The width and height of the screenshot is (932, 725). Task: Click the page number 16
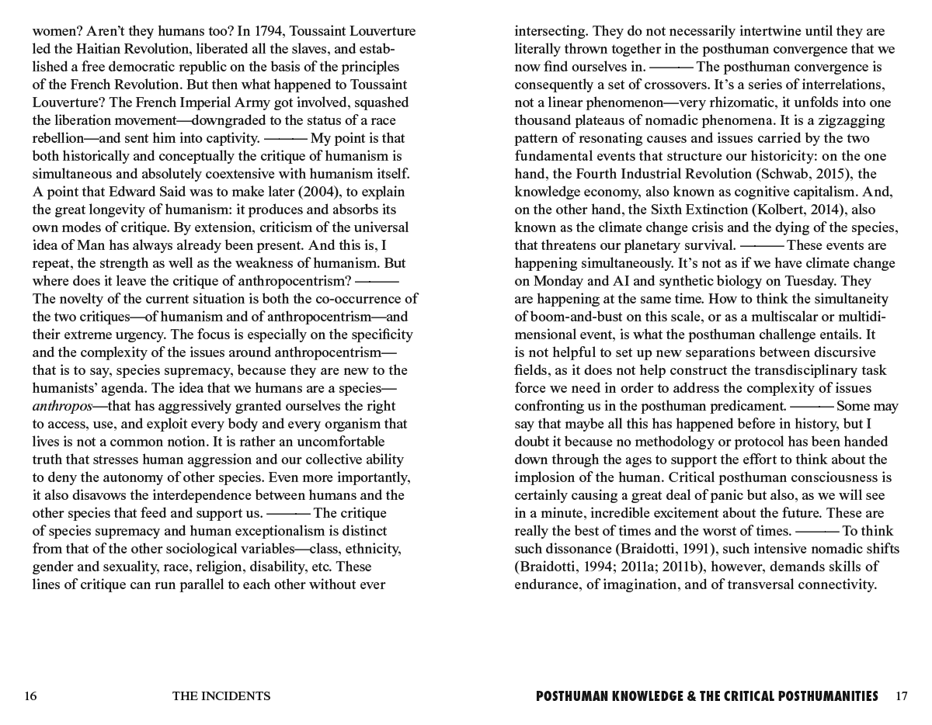click(30, 696)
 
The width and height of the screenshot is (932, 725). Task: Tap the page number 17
click(901, 696)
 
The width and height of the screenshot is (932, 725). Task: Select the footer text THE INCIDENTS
click(221, 696)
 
